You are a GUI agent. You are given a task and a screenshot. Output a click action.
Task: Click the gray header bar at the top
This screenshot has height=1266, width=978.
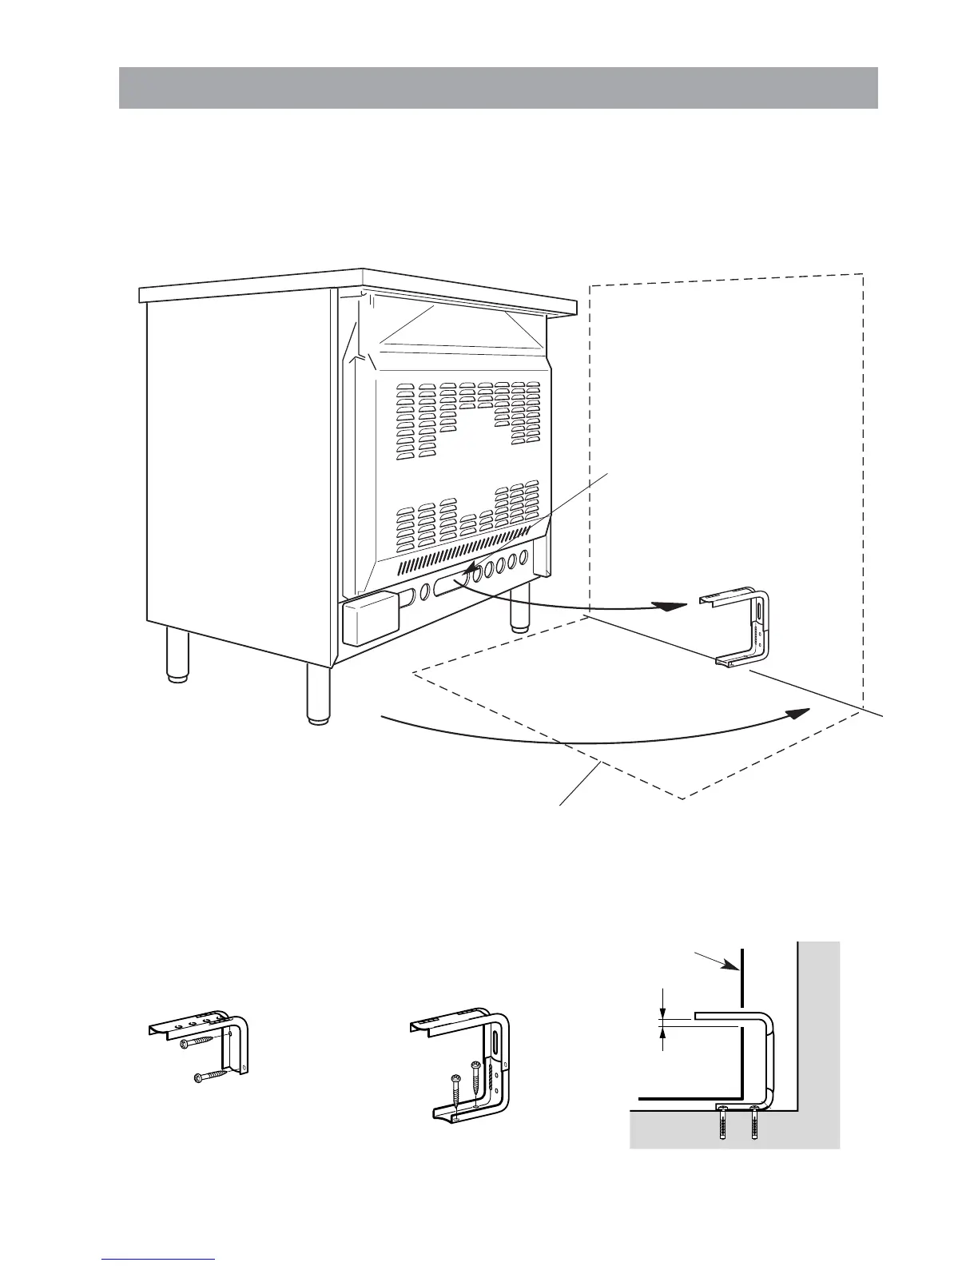pyautogui.click(x=498, y=88)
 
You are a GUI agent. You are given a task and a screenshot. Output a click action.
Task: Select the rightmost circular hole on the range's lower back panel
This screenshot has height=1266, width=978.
pyautogui.click(x=525, y=557)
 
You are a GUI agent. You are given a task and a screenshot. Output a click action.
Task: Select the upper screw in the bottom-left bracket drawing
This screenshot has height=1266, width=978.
pyautogui.click(x=197, y=1045)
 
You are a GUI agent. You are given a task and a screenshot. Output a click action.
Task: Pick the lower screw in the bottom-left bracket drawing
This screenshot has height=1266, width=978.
pyautogui.click(x=210, y=1075)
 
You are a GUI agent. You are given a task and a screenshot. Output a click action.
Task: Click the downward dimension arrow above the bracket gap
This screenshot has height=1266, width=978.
pyautogui.click(x=662, y=1005)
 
